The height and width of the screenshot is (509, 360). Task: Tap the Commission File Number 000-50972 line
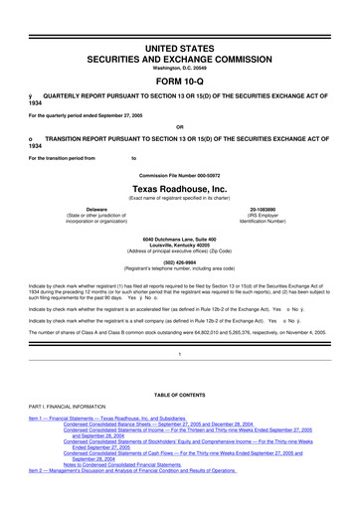click(179, 173)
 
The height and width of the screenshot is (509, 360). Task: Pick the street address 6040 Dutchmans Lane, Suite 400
click(179, 241)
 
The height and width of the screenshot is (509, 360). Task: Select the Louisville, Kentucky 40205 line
click(179, 248)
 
